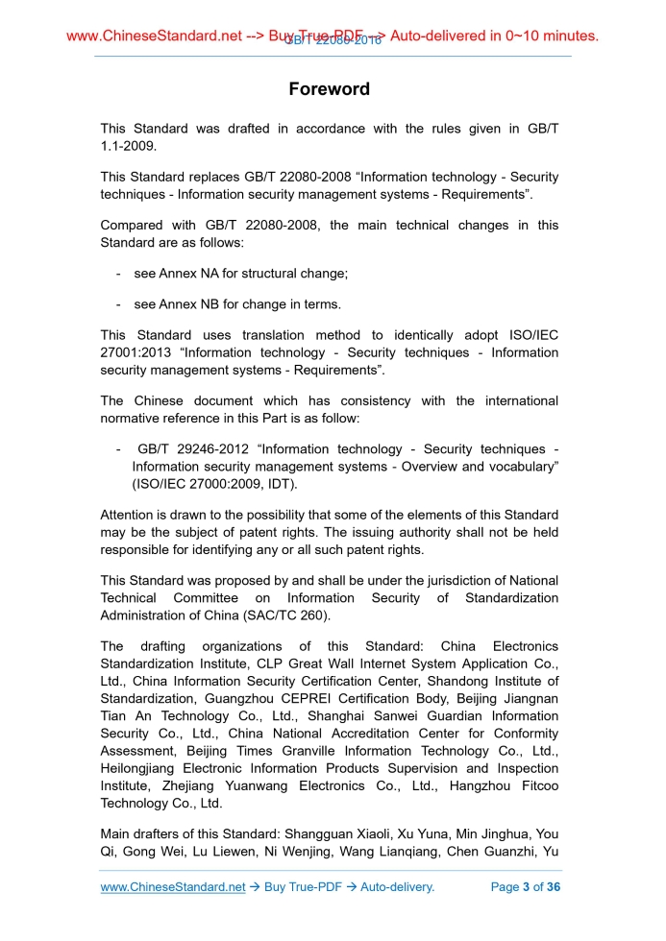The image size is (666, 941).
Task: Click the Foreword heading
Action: [x=329, y=89]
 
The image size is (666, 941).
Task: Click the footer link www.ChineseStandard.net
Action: [x=173, y=887]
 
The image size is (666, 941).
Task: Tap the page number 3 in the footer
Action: [x=526, y=887]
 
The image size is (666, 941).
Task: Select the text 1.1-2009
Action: [x=128, y=146]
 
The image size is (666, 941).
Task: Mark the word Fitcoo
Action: [x=537, y=784]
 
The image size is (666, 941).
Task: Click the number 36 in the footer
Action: [x=552, y=887]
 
